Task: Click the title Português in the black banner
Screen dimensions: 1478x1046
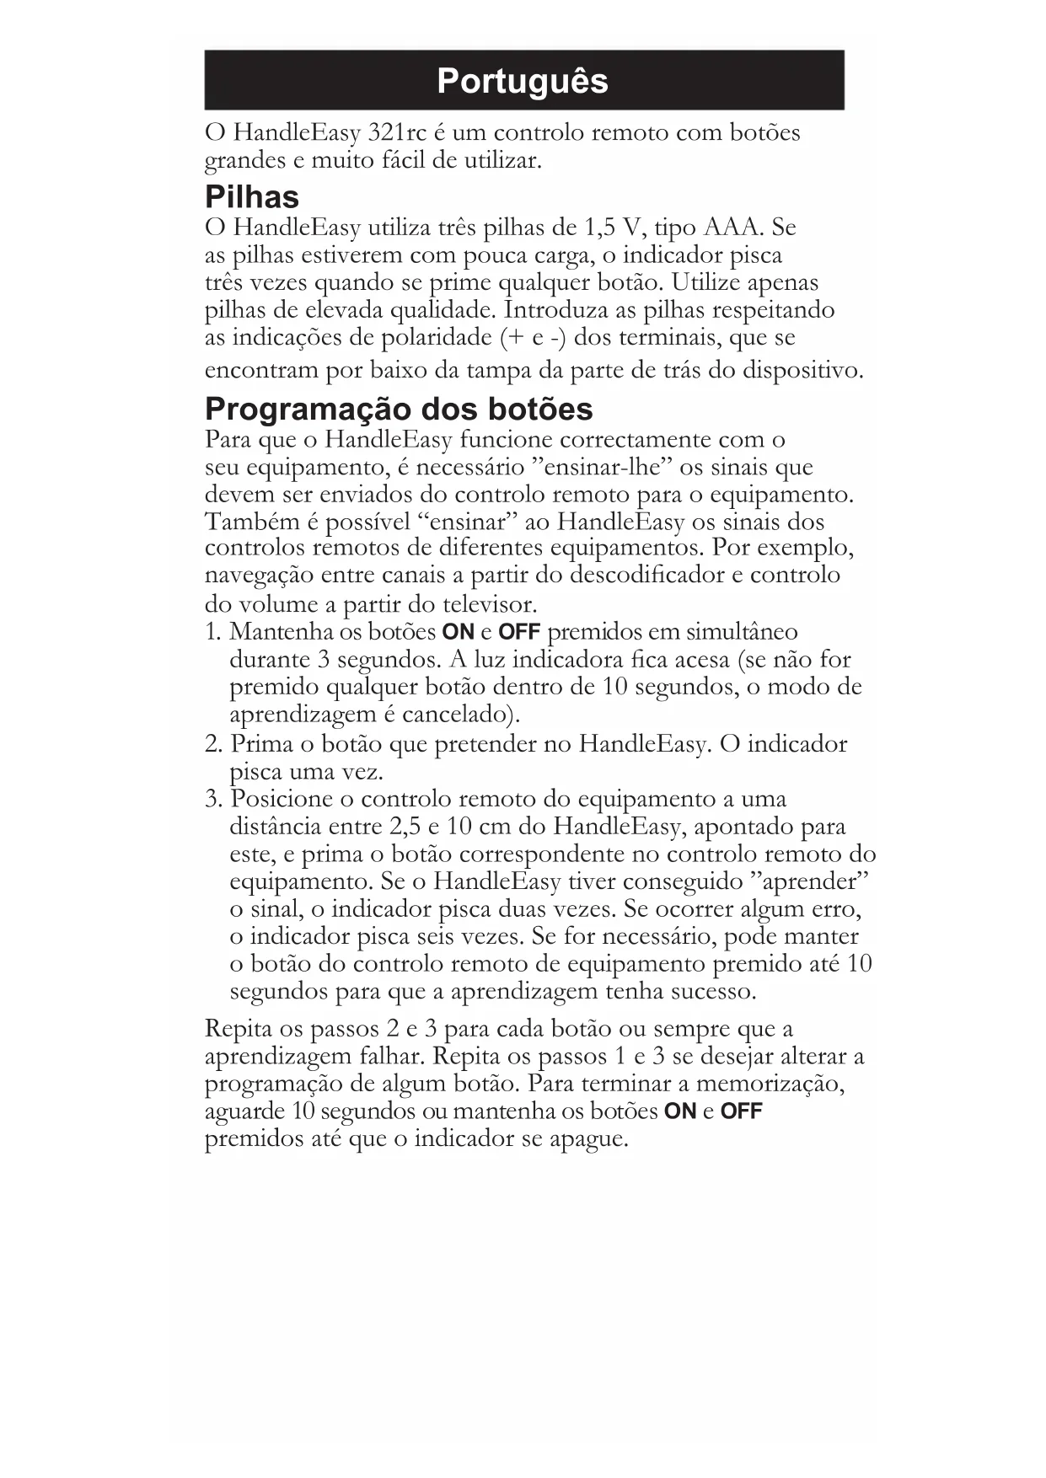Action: click(523, 81)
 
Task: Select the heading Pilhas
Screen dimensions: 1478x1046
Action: click(252, 197)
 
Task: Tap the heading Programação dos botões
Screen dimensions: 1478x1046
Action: click(399, 410)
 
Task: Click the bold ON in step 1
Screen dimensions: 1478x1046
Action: click(459, 632)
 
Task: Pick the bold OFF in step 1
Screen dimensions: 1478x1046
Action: click(519, 632)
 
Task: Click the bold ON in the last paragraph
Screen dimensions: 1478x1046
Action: click(680, 1111)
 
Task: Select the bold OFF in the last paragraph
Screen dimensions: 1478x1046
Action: click(741, 1111)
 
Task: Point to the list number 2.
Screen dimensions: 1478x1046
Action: click(212, 744)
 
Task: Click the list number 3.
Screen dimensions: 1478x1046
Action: click(212, 799)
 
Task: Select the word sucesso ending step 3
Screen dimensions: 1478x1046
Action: click(712, 992)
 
